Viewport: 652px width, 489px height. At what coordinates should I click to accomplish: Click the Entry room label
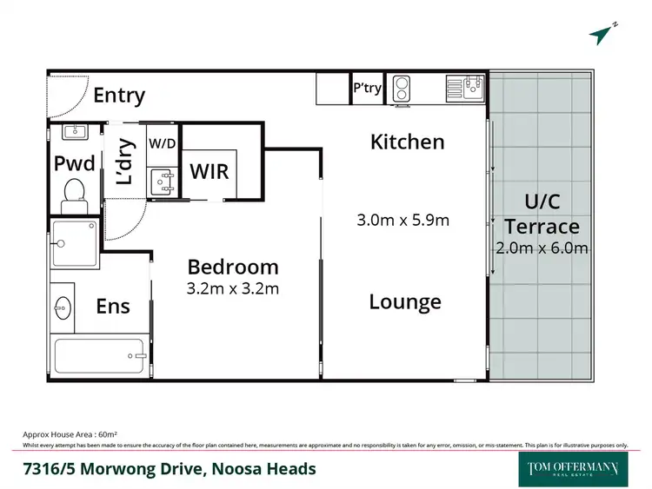[x=119, y=96]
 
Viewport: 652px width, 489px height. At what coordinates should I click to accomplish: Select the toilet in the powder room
[x=74, y=194]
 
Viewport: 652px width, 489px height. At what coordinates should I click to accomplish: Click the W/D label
[x=160, y=142]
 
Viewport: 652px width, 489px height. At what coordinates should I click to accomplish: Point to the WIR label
[x=209, y=170]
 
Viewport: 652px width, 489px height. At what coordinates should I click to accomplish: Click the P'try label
[x=366, y=88]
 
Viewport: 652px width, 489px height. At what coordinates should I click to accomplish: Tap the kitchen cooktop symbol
[x=403, y=89]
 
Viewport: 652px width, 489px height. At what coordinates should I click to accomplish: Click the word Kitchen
[x=407, y=142]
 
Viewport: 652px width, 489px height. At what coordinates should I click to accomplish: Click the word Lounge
[x=405, y=301]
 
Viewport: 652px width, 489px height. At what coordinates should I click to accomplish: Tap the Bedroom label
[x=233, y=267]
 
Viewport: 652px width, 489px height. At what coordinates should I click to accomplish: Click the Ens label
[x=113, y=306]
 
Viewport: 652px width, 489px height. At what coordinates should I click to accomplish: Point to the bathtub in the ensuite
[x=98, y=356]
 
